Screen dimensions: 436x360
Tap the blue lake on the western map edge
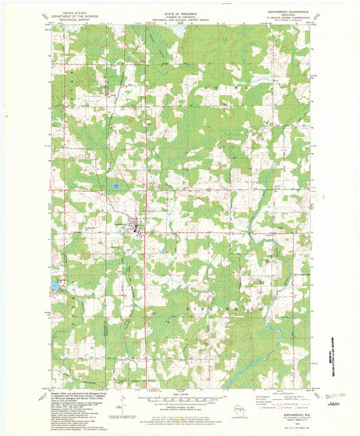[53, 287]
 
